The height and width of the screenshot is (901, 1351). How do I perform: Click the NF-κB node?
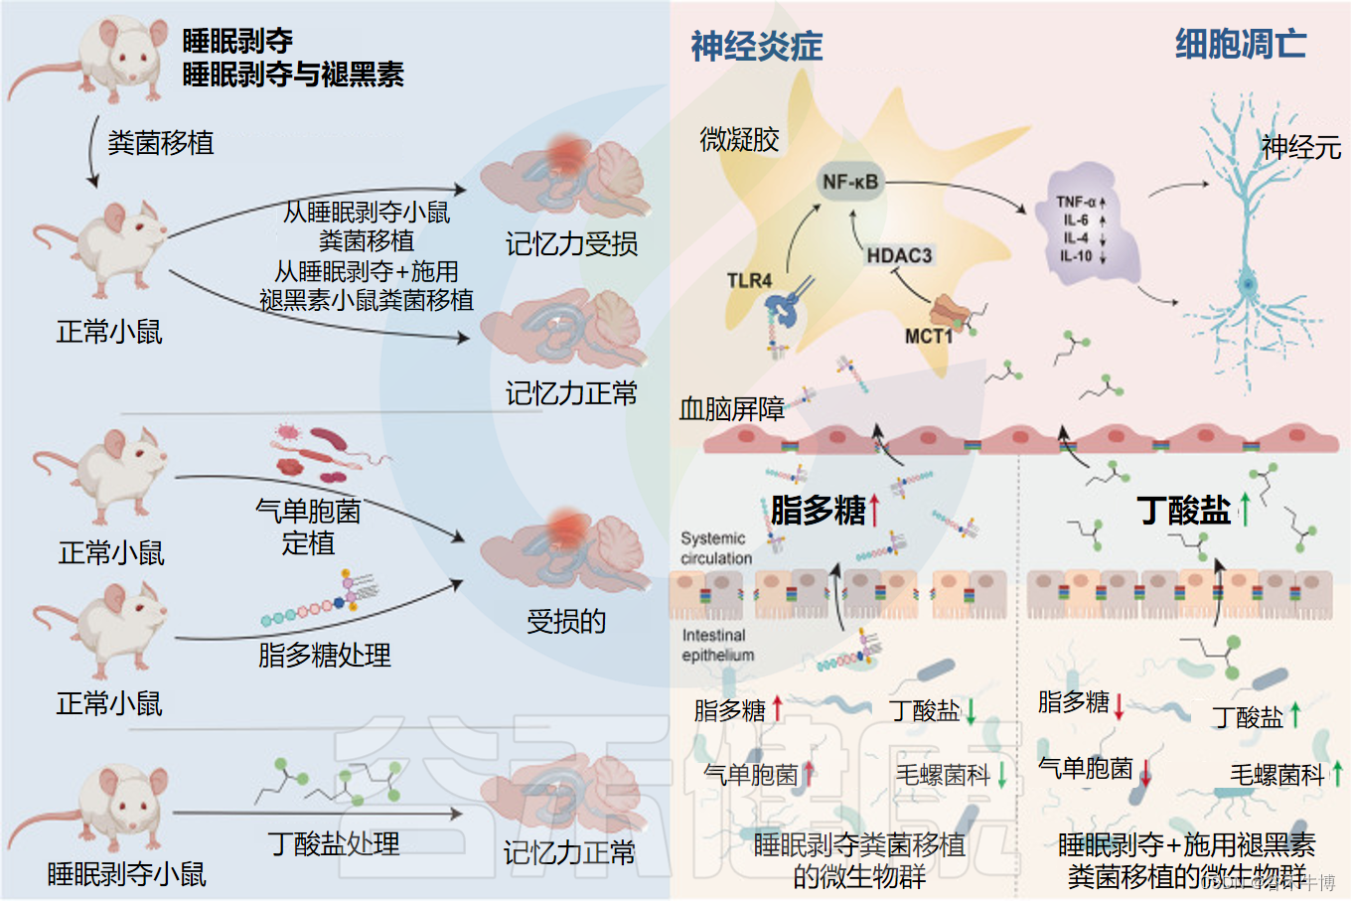(850, 182)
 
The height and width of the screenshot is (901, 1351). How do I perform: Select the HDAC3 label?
(899, 255)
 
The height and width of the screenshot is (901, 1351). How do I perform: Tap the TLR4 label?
(749, 281)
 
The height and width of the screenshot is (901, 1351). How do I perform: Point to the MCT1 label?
(928, 337)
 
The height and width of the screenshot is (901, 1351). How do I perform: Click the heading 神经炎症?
(757, 46)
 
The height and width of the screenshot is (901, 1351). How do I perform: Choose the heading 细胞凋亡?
(1241, 44)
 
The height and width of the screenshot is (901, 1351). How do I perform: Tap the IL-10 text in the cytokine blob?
(1076, 255)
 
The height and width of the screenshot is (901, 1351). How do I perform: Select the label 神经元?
(1301, 148)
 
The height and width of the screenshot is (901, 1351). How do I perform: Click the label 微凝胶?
(739, 140)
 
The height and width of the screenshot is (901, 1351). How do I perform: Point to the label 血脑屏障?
(732, 408)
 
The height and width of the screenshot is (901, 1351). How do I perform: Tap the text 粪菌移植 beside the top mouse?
(161, 143)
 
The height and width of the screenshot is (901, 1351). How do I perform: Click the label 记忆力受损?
(571, 244)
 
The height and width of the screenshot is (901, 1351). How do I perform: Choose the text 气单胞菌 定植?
(308, 526)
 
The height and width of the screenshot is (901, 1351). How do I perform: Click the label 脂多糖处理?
(324, 656)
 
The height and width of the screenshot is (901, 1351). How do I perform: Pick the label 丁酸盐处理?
(334, 844)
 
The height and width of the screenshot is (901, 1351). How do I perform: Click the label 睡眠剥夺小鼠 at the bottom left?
(127, 874)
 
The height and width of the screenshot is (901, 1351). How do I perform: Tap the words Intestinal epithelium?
(717, 645)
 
